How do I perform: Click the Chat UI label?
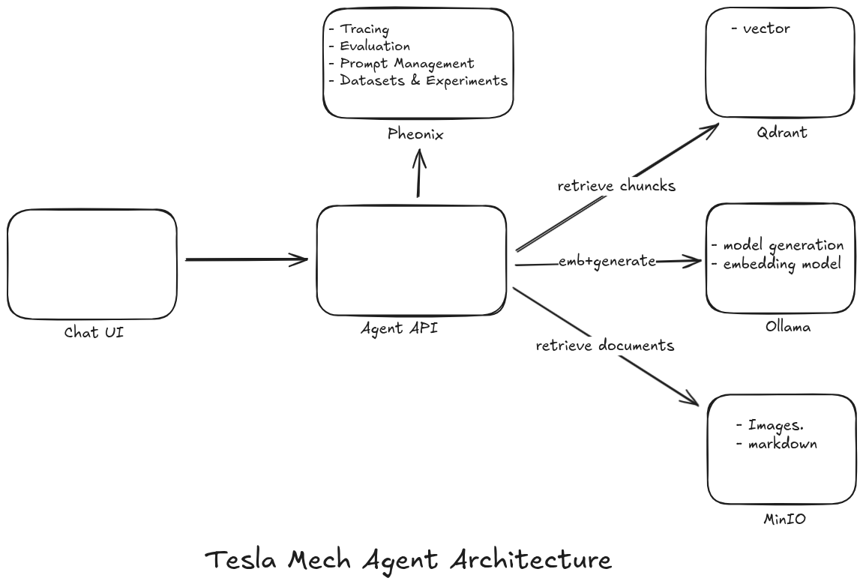94,332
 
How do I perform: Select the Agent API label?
399,328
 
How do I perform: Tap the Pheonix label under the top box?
415,134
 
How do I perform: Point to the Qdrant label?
782,133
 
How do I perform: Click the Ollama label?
787,327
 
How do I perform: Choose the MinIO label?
784,518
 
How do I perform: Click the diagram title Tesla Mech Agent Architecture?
408,560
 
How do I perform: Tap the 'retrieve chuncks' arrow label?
616,186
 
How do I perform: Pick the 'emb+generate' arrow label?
607,261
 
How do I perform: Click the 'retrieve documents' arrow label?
605,346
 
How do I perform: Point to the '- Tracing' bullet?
359,29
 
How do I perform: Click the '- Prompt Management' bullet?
401,64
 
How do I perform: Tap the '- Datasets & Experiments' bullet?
418,81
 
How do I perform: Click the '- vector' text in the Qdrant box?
760,29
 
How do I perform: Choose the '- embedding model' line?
776,264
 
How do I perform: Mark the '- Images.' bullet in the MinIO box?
770,426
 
